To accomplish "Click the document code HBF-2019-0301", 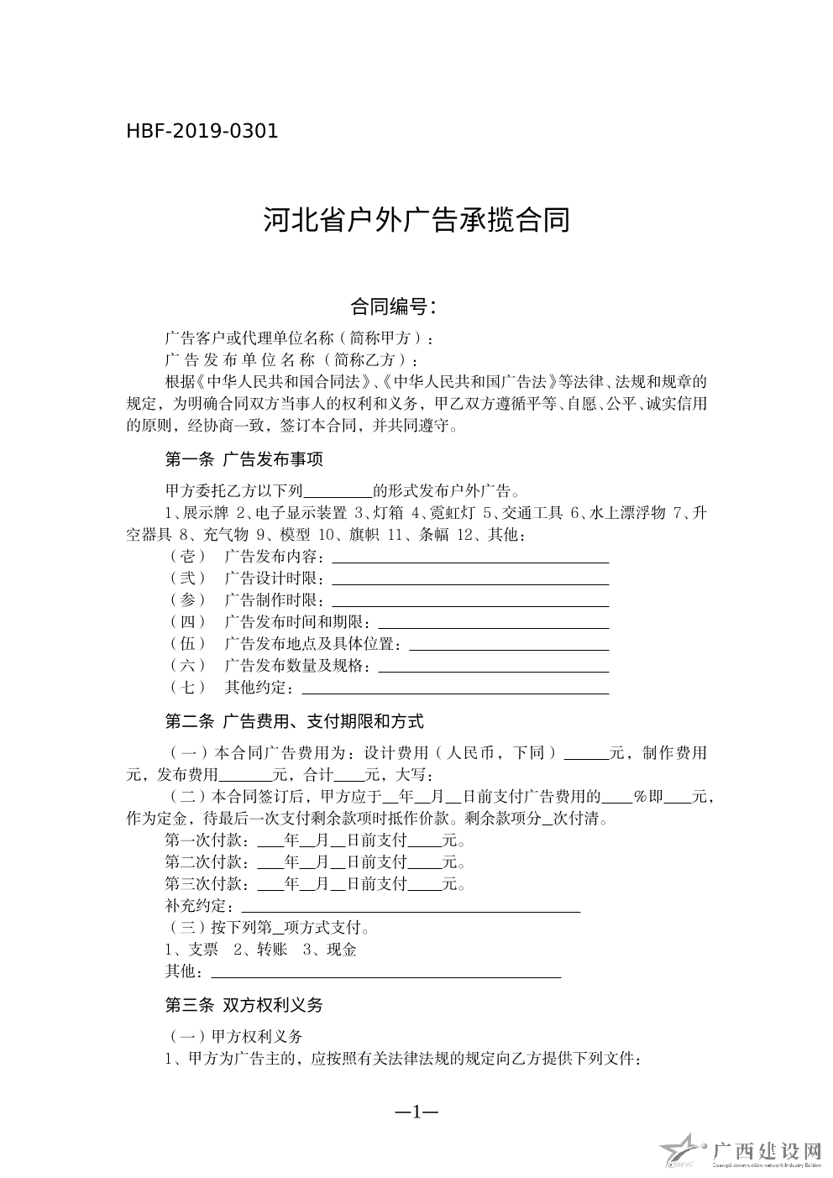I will tap(202, 131).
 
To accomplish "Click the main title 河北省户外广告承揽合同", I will tap(416, 220).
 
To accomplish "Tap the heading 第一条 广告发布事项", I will tap(244, 459).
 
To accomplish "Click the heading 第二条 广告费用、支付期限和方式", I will tap(294, 721).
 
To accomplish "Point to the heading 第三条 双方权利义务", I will tap(244, 1005).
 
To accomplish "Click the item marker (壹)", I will tap(187, 557).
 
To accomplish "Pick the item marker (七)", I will tap(187, 688).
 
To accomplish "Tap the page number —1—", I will tap(416, 1112).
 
